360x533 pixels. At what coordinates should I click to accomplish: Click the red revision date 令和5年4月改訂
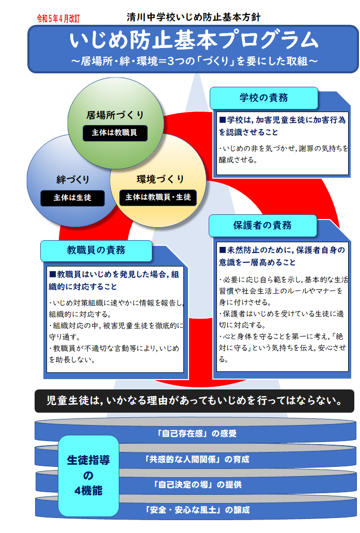[x=58, y=19]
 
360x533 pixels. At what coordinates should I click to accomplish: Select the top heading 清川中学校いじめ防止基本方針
[x=193, y=17]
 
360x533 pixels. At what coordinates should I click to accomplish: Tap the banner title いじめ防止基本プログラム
[x=194, y=40]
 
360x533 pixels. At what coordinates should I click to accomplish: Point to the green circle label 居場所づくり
[x=115, y=115]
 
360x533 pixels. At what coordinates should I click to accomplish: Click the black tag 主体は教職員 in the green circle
[x=115, y=133]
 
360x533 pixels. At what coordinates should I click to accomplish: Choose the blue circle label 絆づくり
[x=72, y=180]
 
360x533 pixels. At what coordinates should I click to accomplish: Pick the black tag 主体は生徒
[x=72, y=198]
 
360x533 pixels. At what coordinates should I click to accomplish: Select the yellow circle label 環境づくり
[x=160, y=179]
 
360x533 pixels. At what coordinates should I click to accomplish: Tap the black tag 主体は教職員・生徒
[x=158, y=197]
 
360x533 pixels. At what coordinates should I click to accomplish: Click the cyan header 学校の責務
[x=264, y=98]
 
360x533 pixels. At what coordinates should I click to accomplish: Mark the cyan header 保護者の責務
[x=262, y=225]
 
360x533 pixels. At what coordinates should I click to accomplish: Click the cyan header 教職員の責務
[x=96, y=250]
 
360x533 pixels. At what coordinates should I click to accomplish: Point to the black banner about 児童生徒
[x=194, y=401]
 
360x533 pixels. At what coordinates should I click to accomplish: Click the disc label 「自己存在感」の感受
[x=196, y=433]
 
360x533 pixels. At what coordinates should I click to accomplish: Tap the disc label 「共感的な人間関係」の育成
[x=197, y=459]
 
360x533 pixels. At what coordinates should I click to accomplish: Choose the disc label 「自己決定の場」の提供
[x=197, y=484]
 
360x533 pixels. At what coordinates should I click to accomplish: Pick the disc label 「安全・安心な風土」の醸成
[x=197, y=510]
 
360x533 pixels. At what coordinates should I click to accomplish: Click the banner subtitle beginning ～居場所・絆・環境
[x=194, y=61]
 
